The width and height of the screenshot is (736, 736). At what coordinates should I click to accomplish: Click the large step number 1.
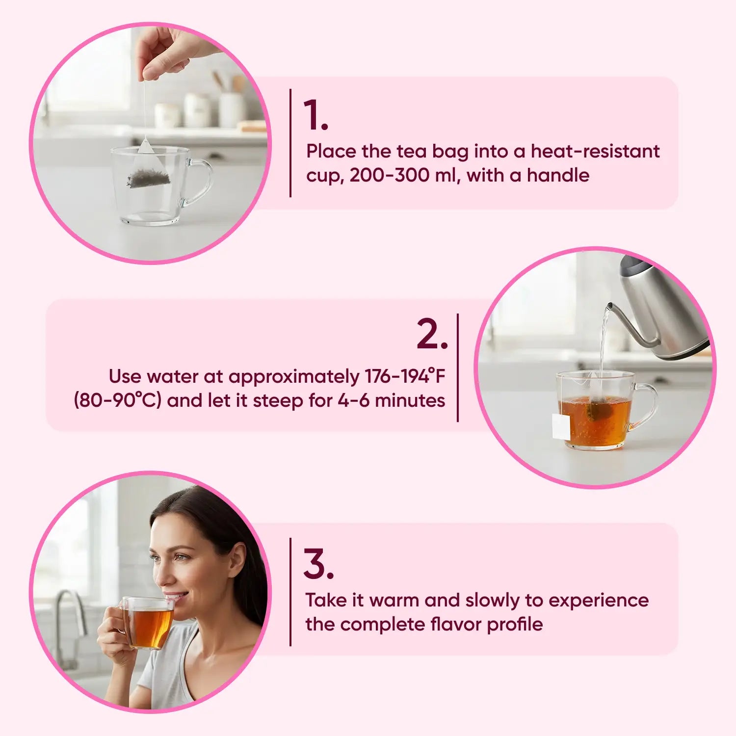(315, 115)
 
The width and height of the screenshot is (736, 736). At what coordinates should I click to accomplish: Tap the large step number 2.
(432, 334)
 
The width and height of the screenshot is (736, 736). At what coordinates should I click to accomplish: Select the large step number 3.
(318, 564)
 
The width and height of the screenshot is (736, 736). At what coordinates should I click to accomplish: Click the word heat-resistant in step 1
(595, 151)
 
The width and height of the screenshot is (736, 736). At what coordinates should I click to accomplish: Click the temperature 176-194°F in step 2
(405, 376)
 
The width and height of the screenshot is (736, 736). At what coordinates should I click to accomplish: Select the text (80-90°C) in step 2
(118, 400)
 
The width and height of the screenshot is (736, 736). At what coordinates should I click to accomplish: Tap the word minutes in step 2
(410, 400)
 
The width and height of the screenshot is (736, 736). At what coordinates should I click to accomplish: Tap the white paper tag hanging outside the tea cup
(561, 426)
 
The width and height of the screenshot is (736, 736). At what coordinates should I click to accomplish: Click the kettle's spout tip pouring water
(608, 307)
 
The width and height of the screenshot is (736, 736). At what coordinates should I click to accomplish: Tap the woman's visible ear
(237, 561)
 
